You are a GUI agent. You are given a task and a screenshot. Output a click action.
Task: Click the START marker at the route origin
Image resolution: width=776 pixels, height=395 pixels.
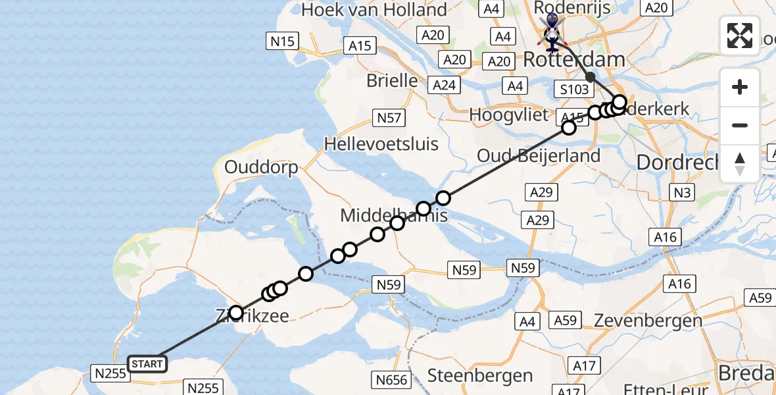(147, 364)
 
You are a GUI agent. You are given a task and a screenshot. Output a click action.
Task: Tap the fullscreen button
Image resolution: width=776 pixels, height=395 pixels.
(740, 36)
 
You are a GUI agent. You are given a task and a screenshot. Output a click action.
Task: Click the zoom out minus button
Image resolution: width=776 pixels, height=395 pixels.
(740, 125)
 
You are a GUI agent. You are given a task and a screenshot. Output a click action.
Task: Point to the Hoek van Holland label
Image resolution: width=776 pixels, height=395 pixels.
(374, 11)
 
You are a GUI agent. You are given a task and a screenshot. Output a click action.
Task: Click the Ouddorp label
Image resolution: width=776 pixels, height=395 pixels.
(261, 167)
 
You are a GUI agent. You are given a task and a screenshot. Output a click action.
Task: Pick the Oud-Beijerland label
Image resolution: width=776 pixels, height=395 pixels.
(539, 156)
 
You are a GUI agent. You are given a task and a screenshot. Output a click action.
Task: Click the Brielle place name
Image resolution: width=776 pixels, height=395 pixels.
(392, 80)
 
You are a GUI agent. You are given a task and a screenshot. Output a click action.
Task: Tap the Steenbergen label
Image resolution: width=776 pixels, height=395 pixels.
(480, 376)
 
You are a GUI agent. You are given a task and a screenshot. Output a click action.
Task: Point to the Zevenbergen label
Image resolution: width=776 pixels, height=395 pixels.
(648, 321)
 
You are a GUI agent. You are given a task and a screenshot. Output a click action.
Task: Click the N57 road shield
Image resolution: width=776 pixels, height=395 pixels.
(389, 118)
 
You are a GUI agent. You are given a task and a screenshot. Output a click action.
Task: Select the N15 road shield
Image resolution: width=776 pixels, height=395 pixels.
(283, 41)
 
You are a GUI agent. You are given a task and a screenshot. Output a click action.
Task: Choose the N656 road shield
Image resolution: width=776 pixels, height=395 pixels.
(391, 380)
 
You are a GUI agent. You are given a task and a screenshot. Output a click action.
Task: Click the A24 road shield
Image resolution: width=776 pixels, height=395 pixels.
(444, 85)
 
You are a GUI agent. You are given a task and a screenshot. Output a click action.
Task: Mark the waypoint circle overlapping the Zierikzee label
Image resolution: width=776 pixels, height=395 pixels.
(235, 313)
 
